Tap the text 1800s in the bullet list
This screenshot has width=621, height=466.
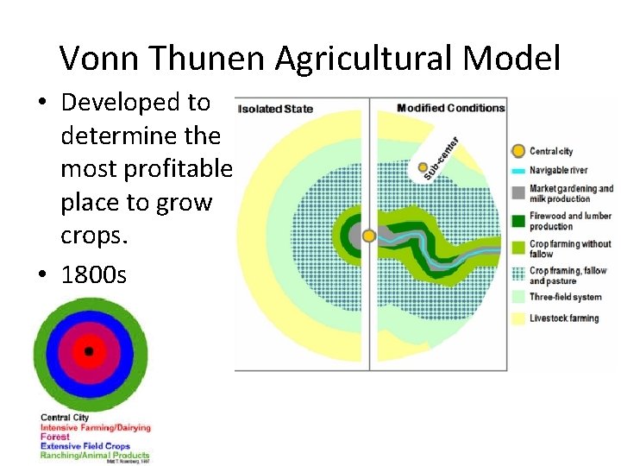coord(93,274)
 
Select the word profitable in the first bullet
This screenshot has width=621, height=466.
coord(146,169)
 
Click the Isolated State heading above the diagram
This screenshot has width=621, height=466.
coord(276,109)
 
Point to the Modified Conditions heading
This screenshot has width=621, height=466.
coord(450,108)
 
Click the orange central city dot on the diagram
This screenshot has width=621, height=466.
coord(369,236)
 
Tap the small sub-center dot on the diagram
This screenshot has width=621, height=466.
coord(423,167)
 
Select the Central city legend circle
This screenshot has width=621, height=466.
coord(518,151)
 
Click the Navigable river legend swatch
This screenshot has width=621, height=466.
coord(518,170)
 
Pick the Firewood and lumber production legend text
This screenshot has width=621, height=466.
coord(570,221)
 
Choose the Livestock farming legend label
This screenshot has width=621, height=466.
coord(563,318)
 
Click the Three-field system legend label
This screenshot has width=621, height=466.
coord(565,297)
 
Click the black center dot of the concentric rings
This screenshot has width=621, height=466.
coord(89,351)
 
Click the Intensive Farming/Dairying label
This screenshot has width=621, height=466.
coord(95,427)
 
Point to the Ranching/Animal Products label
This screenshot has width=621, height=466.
coord(95,455)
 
